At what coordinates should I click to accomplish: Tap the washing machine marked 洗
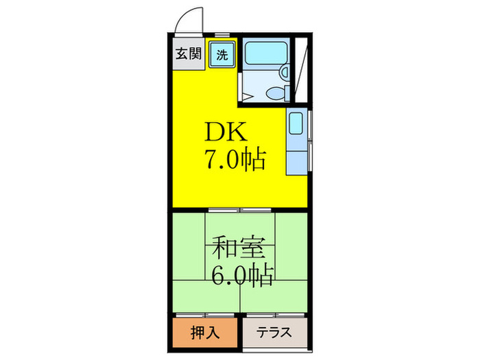(x=223, y=54)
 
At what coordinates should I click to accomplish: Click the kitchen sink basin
(x=297, y=124)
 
